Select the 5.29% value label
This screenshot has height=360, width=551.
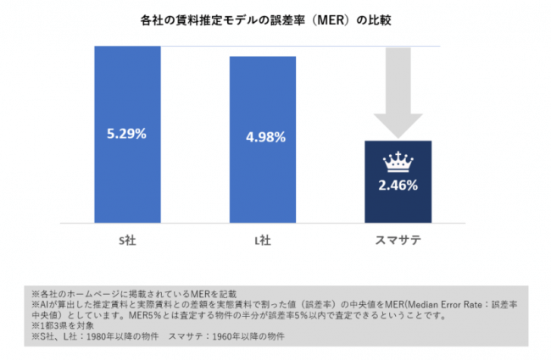click(x=127, y=134)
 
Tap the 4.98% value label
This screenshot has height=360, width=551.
click(x=262, y=136)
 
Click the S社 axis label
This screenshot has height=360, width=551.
click(x=127, y=240)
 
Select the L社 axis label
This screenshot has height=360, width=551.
click(x=262, y=240)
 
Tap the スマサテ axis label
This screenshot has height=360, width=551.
click(x=398, y=240)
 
